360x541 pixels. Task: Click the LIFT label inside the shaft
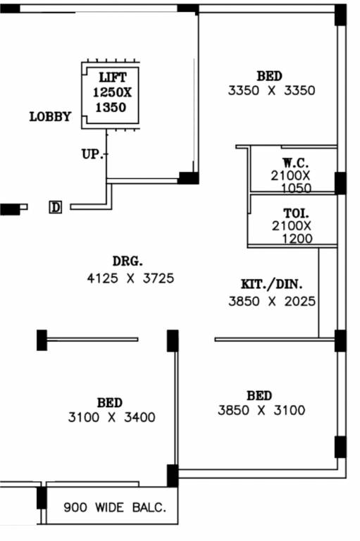click(x=113, y=77)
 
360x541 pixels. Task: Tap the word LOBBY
click(x=50, y=117)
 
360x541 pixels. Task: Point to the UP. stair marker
click(x=92, y=154)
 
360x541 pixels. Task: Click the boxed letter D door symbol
click(x=55, y=207)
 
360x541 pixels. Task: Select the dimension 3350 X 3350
click(x=272, y=91)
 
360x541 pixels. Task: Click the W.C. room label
click(x=295, y=163)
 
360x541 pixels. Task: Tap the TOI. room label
click(x=296, y=213)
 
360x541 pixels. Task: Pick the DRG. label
click(x=128, y=261)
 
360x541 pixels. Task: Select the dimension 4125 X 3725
click(x=130, y=278)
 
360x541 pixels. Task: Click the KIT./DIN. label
click(x=272, y=285)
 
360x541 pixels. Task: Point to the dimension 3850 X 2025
click(x=272, y=301)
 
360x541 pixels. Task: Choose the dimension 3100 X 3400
click(x=111, y=418)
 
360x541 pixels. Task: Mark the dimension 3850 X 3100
click(x=261, y=410)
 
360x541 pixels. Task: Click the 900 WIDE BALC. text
click(x=115, y=507)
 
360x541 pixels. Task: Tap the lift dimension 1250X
click(x=112, y=92)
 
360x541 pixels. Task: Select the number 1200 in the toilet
click(x=297, y=239)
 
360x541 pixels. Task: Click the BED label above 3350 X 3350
click(x=270, y=76)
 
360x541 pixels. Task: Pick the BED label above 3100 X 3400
click(x=110, y=403)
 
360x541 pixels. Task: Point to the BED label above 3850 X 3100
click(x=259, y=395)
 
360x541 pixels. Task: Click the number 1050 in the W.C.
click(x=297, y=188)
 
